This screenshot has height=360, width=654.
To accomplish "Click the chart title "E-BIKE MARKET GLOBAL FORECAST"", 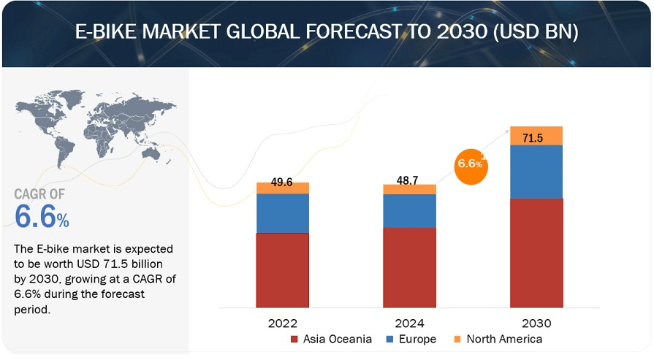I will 327,34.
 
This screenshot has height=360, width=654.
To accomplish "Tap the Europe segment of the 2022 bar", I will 283,213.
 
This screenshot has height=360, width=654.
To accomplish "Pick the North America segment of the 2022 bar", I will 283,188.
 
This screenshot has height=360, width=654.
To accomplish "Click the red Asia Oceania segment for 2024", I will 409,267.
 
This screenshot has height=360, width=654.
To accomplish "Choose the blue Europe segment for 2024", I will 409,211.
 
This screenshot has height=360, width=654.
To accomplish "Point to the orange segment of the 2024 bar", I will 409,190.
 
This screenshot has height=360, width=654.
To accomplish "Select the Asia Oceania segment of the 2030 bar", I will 536,253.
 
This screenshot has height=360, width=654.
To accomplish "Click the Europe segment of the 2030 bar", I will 536,172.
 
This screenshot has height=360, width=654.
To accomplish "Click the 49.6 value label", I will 281,183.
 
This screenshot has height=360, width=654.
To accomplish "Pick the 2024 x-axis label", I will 409,323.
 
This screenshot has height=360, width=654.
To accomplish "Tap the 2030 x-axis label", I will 536,323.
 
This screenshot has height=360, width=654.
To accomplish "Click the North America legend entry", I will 497,340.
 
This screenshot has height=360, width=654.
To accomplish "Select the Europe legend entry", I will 411,340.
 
